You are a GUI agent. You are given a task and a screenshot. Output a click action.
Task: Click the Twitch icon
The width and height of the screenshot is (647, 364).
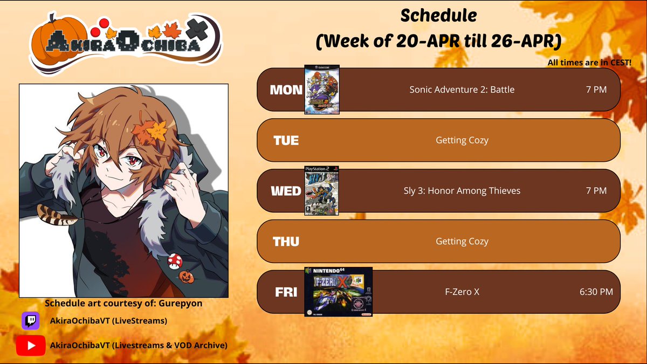click(x=30, y=321)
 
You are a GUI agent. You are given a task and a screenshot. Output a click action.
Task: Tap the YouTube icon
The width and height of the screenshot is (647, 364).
click(x=30, y=345)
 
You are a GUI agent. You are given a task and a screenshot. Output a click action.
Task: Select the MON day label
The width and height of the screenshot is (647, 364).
click(x=286, y=90)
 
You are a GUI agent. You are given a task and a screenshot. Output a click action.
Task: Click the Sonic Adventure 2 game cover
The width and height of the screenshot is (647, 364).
click(x=322, y=90)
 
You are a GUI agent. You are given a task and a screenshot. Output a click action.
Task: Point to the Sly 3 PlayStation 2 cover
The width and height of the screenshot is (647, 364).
click(x=322, y=191)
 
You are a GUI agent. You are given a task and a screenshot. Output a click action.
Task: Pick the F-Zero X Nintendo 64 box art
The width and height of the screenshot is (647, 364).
click(x=338, y=292)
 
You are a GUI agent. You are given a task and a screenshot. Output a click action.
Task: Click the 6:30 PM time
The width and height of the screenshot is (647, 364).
click(x=596, y=292)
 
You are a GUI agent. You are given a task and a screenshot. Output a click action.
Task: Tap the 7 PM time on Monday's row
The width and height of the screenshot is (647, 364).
click(x=596, y=90)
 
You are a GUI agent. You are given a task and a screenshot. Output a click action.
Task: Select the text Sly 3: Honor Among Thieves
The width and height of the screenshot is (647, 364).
click(x=462, y=190)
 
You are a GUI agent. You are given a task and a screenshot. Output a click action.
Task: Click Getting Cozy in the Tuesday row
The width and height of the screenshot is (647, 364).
click(x=462, y=140)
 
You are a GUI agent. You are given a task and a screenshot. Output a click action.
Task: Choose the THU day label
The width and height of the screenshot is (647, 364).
click(x=286, y=242)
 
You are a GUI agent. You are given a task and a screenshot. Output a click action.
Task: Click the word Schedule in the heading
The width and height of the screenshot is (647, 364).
click(x=438, y=16)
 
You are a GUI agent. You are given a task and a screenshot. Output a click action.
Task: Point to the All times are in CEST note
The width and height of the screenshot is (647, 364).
click(x=589, y=63)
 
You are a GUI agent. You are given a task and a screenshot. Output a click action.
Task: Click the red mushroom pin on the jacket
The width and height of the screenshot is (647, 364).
click(x=175, y=261)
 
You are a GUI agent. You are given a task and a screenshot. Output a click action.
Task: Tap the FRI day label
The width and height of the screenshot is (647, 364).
click(x=286, y=292)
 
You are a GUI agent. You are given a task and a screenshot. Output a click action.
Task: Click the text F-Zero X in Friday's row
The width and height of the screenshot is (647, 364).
click(x=462, y=292)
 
